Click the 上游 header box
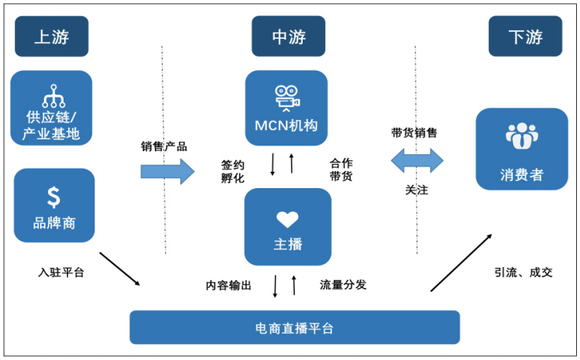pyautogui.click(x=51, y=36)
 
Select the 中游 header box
pyautogui.click(x=288, y=36)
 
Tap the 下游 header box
pyautogui.click(x=525, y=36)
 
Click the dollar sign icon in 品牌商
pyautogui.click(x=53, y=197)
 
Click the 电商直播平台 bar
pyautogui.click(x=294, y=327)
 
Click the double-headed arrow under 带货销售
pyautogui.click(x=417, y=160)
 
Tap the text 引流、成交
pyautogui.click(x=524, y=273)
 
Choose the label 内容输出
pyautogui.click(x=228, y=285)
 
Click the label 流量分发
pyautogui.click(x=342, y=285)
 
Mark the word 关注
pyautogui.click(x=417, y=190)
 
